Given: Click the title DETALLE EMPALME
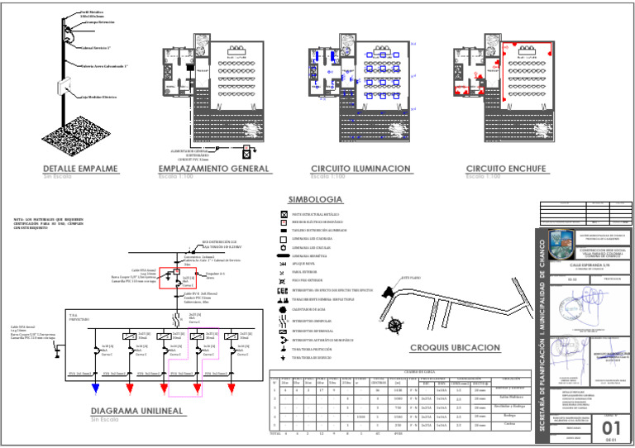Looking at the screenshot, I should point(80,169).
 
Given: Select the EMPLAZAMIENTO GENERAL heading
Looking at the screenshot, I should point(213,169).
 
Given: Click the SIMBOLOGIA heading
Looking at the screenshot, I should point(314,200).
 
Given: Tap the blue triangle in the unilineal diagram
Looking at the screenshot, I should point(97,386).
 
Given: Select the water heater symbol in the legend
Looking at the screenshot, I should point(284,310).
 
